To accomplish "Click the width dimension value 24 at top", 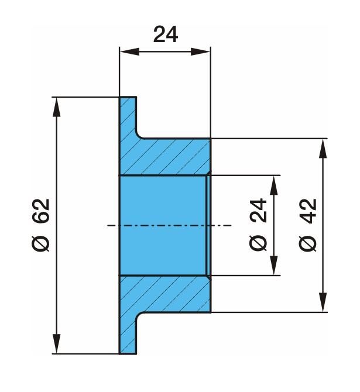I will point(166,35).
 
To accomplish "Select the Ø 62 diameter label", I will point(41,225).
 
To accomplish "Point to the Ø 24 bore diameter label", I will point(258,225).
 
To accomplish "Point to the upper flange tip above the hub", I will point(128,111).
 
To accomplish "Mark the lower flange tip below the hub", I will point(128,339).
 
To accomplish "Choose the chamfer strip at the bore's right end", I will point(208,225).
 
